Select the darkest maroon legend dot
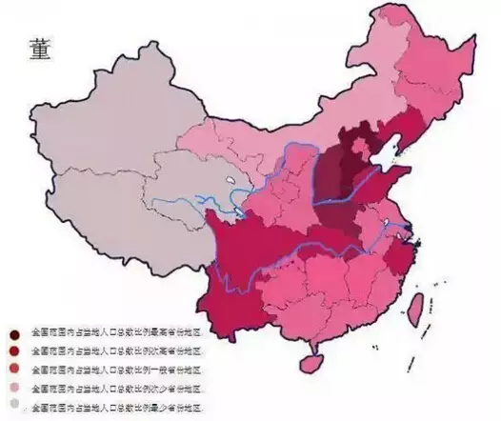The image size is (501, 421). pos(15,333)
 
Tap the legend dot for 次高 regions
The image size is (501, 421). pos(15,351)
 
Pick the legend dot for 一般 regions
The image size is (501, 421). pos(15,370)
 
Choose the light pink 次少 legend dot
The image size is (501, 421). pos(15,388)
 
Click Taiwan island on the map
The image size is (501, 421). pos(416,308)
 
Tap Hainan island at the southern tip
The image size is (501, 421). pos(309,363)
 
